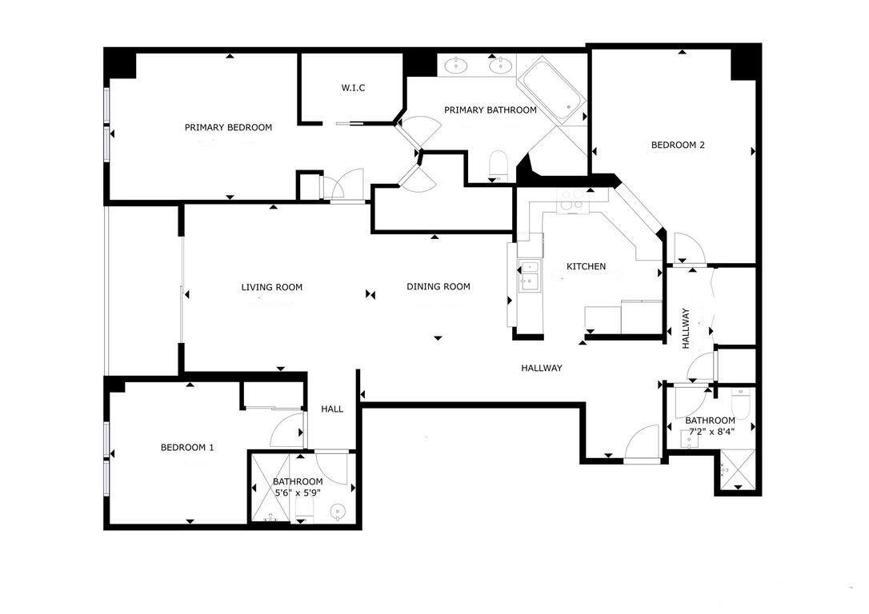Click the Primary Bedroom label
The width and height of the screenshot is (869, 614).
pyautogui.click(x=228, y=127)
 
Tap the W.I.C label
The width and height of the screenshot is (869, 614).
pyautogui.click(x=353, y=88)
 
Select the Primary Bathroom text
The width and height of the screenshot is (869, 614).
pyautogui.click(x=490, y=110)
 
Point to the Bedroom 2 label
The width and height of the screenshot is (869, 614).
pyautogui.click(x=677, y=145)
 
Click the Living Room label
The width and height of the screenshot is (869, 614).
pyautogui.click(x=272, y=287)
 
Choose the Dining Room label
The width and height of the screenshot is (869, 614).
pyautogui.click(x=438, y=286)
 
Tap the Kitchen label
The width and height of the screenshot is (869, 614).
pyautogui.click(x=586, y=266)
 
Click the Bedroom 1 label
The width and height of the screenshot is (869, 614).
pyautogui.click(x=187, y=447)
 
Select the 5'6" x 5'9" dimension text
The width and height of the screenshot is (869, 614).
pyautogui.click(x=298, y=494)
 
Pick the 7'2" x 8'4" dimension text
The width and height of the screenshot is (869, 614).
pyautogui.click(x=711, y=433)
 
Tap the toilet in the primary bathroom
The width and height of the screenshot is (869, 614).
pyautogui.click(x=499, y=165)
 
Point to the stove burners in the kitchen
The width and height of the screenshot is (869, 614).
pyautogui.click(x=571, y=199)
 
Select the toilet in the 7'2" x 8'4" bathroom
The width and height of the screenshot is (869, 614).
pyautogui.click(x=740, y=405)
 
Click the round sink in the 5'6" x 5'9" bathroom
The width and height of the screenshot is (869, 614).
pyautogui.click(x=338, y=509)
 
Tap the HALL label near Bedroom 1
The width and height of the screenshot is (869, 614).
pyautogui.click(x=332, y=409)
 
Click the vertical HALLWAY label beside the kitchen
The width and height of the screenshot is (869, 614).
pyautogui.click(x=686, y=328)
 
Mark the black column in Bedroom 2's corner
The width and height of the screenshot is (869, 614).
pyautogui.click(x=744, y=63)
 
